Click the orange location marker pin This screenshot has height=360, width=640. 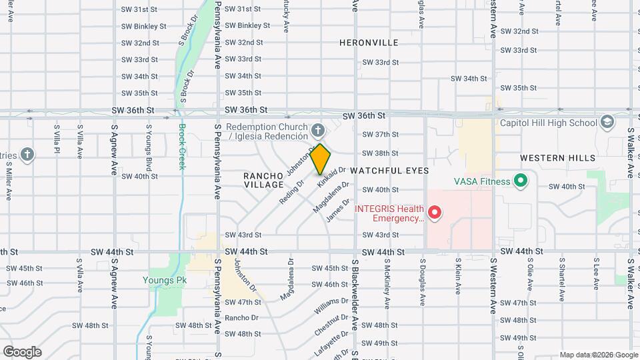pyautogui.click(x=320, y=159)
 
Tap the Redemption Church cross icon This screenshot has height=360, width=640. pyautogui.click(x=319, y=129)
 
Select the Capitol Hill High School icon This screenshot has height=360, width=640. pyautogui.click(x=607, y=122)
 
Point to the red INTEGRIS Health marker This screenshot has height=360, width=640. pyautogui.click(x=435, y=213)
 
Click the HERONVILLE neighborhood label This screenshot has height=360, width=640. pyautogui.click(x=369, y=43)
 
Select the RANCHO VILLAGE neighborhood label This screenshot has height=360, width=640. pyautogui.click(x=264, y=179)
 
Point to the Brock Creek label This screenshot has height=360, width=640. pyautogui.click(x=181, y=147)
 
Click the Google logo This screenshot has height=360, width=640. pyautogui.click(x=22, y=352)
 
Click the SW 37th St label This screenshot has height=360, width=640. pyautogui.click(x=380, y=135)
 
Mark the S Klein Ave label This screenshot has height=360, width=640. pyautogui.click(x=458, y=277)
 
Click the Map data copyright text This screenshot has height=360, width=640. pyautogui.click(x=598, y=355)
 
